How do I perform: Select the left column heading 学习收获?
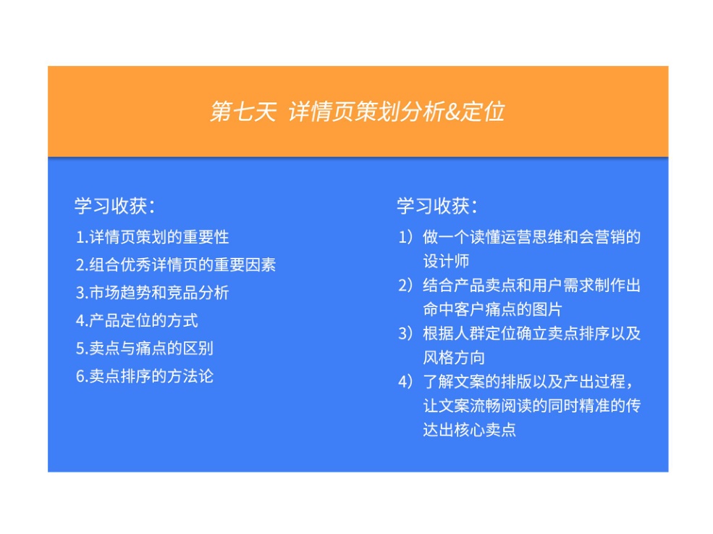point(114,206)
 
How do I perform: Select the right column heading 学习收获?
point(436,206)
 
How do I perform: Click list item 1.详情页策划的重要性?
point(153,237)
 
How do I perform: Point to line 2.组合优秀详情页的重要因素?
point(176,264)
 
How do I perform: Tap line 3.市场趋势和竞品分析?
point(153,293)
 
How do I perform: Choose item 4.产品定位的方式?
point(137,320)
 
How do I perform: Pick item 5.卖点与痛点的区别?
point(145,348)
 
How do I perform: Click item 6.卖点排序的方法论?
point(145,376)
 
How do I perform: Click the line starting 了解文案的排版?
point(531,381)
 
